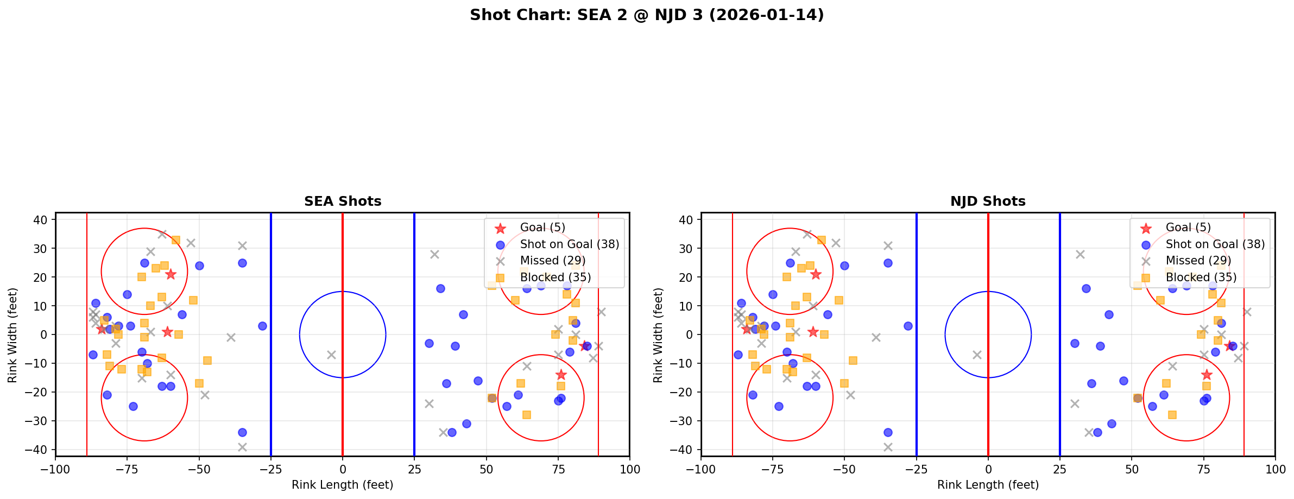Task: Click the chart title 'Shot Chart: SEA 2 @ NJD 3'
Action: coord(647,15)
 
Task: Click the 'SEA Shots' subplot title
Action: coord(343,201)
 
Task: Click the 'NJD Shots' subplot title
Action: coord(988,201)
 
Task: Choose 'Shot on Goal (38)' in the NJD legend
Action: coord(1215,244)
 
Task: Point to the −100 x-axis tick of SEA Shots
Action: coord(55,469)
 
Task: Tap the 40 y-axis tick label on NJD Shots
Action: coord(686,220)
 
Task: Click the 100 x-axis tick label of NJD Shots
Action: coord(1274,469)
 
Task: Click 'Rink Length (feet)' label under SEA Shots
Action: coord(343,485)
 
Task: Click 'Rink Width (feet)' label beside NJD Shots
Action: coord(658,335)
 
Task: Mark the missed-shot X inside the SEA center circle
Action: coord(331,355)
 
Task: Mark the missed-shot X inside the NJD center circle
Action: coord(977,355)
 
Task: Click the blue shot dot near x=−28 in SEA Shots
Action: coord(262,326)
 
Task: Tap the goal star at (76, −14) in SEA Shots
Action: coord(561,375)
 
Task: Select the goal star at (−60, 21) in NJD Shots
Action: coord(816,274)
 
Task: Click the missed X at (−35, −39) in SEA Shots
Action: coord(242,447)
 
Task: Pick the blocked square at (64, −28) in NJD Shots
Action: coord(1172,415)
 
